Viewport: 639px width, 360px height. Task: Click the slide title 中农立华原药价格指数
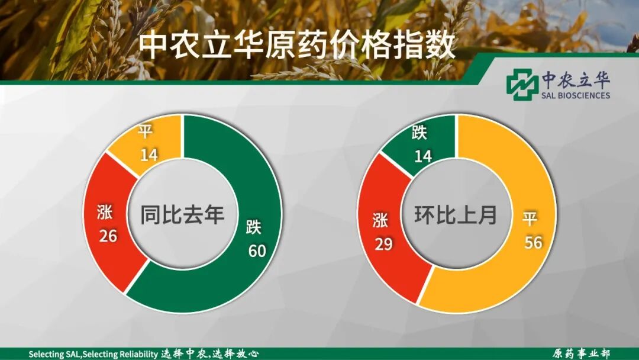(x=296, y=45)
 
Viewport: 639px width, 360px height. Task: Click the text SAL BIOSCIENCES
(x=575, y=95)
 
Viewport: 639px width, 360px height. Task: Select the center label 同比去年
(x=182, y=214)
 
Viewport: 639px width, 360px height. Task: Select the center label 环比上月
(x=456, y=214)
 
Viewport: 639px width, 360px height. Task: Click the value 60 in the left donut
(x=257, y=251)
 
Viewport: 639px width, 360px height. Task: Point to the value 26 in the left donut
(x=108, y=236)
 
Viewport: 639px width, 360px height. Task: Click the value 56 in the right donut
(x=533, y=242)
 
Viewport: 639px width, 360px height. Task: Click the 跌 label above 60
(x=254, y=228)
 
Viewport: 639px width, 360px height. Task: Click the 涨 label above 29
(x=380, y=220)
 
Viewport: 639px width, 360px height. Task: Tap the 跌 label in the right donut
(x=419, y=133)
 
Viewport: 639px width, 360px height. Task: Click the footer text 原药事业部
(x=581, y=353)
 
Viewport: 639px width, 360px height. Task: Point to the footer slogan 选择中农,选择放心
(x=210, y=353)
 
